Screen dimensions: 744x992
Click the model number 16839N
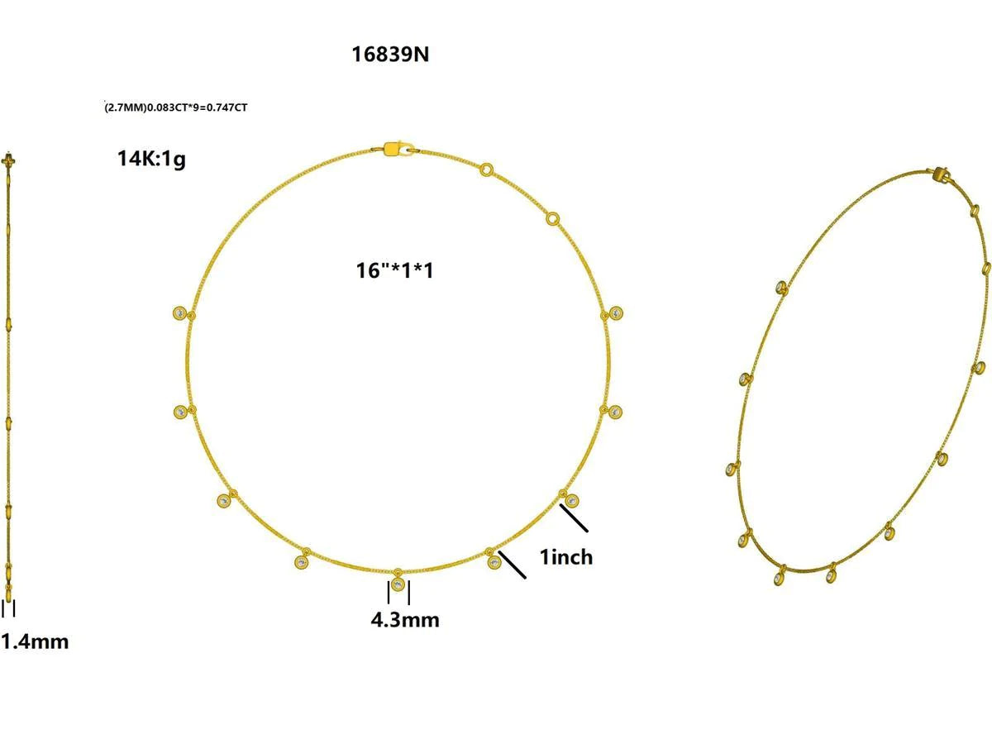click(x=390, y=55)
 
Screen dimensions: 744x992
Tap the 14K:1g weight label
click(x=151, y=159)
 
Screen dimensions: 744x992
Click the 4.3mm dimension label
click(x=405, y=619)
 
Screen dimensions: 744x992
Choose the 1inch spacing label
click(x=566, y=557)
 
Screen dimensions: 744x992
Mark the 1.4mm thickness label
click(x=35, y=641)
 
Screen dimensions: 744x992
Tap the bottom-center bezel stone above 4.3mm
click(x=398, y=584)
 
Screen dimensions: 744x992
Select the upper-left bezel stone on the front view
click(x=180, y=313)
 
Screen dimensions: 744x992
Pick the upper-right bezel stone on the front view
click(x=616, y=313)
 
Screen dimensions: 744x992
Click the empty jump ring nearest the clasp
click(x=488, y=169)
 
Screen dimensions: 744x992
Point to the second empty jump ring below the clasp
click(x=552, y=219)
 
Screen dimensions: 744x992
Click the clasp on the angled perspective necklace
click(x=942, y=174)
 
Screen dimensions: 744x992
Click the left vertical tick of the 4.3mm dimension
click(x=389, y=593)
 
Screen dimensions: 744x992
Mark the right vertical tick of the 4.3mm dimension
click(x=408, y=593)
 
